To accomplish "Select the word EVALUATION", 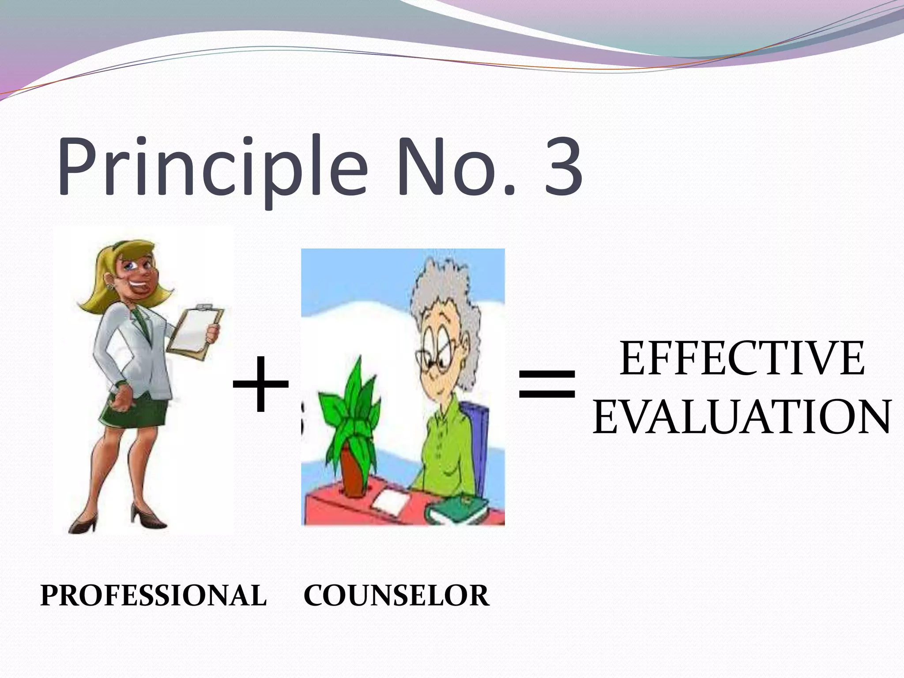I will coord(742,417).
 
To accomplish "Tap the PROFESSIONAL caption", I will coord(153,595).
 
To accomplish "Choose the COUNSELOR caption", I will coord(396,595).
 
